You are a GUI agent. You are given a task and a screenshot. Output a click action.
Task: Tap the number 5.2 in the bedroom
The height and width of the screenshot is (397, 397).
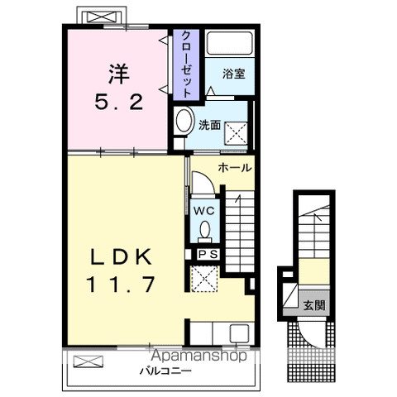(x=117, y=103)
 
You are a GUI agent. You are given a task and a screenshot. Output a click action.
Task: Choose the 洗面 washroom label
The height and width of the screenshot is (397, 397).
(x=209, y=125)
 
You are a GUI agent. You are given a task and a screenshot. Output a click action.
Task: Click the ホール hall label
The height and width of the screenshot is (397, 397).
(x=235, y=168)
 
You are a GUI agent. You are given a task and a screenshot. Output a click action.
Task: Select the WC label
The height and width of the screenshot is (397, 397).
(x=203, y=211)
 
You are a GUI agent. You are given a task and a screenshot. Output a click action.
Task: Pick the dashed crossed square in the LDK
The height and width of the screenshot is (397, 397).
(x=203, y=279)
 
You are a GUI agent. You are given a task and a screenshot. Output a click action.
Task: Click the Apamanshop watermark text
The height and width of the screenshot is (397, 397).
(x=199, y=356)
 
